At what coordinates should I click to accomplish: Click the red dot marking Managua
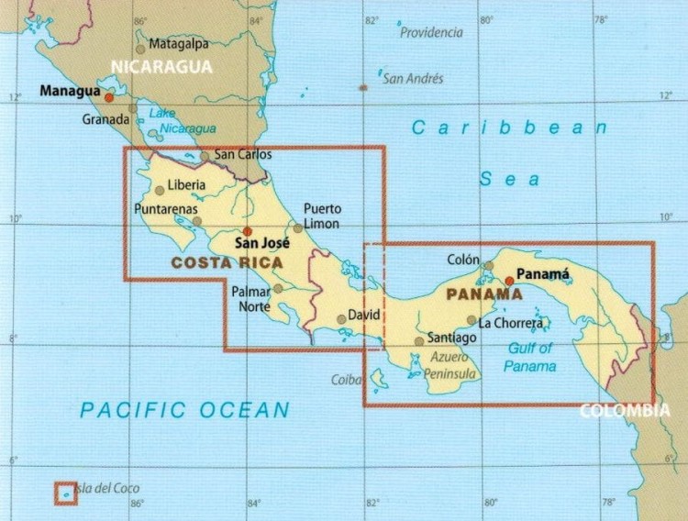109,96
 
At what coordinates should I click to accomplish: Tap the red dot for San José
247,231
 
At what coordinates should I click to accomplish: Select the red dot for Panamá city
510,280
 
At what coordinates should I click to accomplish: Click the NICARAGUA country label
161,66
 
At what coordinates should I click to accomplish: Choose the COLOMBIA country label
625,410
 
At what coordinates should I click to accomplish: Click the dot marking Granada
132,108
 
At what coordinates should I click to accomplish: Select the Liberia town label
187,184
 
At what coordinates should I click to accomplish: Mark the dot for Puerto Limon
298,227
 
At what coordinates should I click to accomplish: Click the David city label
364,315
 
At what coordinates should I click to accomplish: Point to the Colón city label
463,260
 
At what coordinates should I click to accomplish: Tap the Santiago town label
452,338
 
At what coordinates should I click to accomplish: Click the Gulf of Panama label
530,357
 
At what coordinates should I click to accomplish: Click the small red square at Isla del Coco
65,493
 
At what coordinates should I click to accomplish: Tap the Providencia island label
431,32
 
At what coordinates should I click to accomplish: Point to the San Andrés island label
413,79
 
